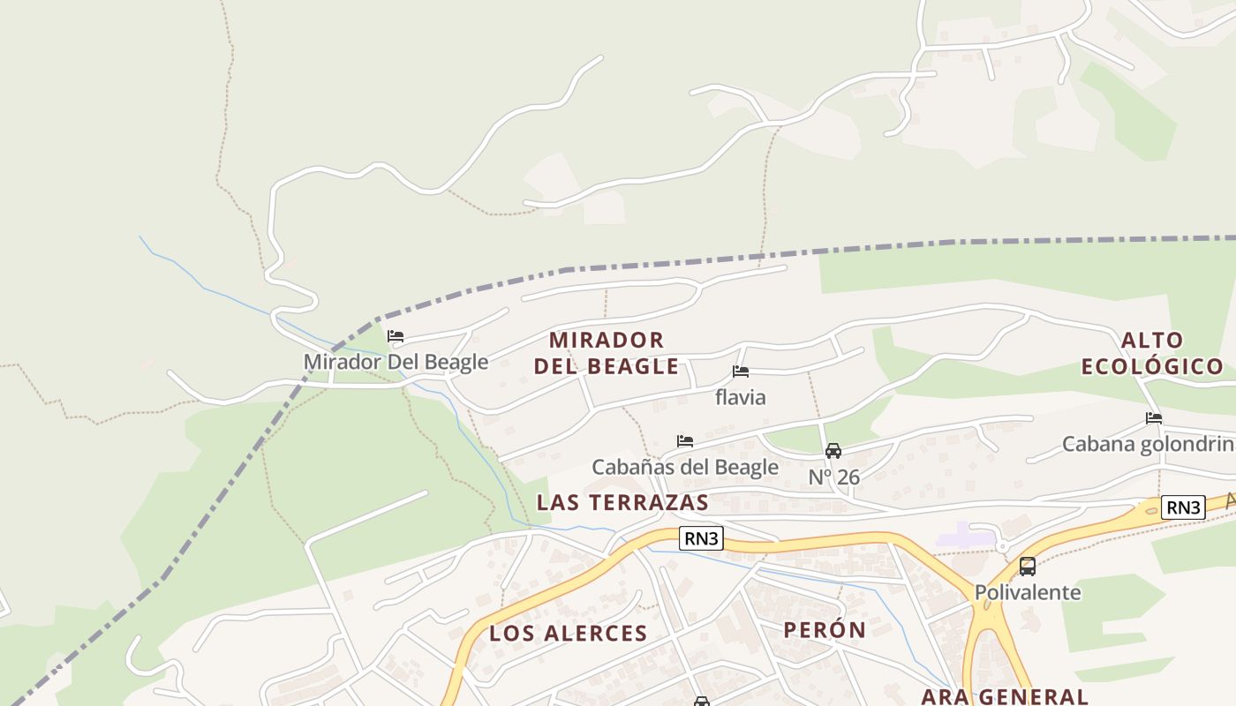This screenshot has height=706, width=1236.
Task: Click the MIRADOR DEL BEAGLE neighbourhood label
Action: tap(607, 353)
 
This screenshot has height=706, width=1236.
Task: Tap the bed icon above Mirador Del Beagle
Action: tap(396, 336)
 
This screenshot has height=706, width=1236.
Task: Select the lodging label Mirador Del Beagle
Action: tap(396, 362)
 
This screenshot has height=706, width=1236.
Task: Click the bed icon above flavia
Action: tap(741, 372)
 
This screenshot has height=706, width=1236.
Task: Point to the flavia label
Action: tap(741, 397)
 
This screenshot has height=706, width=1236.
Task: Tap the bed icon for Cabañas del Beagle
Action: tap(685, 441)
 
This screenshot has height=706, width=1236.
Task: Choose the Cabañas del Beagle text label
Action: tap(685, 467)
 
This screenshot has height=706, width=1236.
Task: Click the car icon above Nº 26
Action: tap(833, 451)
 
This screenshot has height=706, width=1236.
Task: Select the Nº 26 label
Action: tap(833, 477)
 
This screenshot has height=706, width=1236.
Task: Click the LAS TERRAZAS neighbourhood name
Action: tap(622, 502)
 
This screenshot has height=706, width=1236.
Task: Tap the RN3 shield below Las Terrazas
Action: tap(701, 538)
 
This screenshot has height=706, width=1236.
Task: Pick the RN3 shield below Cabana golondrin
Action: tap(1183, 507)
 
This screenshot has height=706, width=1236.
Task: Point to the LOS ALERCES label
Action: tap(568, 633)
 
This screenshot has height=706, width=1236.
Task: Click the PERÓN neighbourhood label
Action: tap(825, 630)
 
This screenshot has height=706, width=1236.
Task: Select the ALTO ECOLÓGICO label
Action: tap(1152, 353)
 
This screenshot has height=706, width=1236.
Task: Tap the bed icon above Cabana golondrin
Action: tap(1154, 418)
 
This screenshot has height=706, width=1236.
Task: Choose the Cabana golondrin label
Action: tap(1148, 444)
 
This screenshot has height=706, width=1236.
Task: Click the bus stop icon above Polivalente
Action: tap(1028, 567)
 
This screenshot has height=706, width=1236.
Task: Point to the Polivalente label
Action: tap(1028, 592)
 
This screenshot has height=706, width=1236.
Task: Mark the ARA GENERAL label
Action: tap(1004, 696)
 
